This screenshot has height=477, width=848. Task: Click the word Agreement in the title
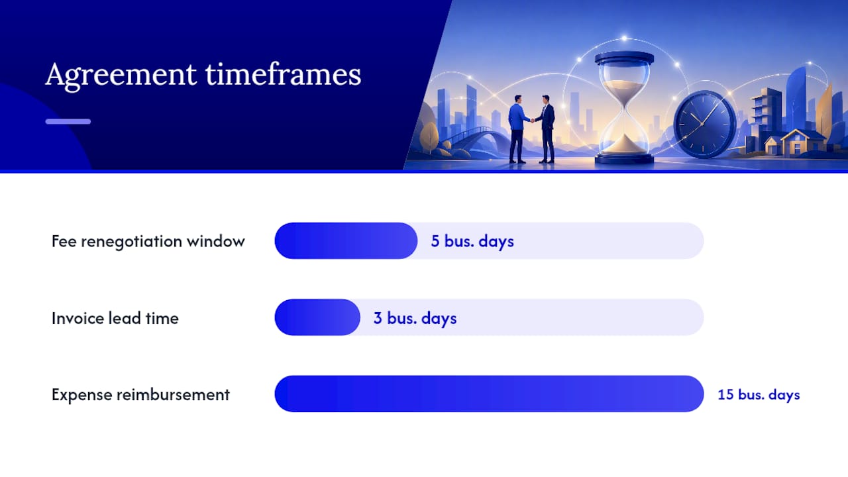[121, 76]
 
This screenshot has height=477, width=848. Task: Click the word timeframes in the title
[283, 74]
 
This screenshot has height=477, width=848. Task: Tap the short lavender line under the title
[68, 121]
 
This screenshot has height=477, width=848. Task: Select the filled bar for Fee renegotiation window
[346, 240]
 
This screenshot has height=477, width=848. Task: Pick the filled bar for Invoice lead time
[317, 317]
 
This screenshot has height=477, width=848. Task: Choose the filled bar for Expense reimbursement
[489, 394]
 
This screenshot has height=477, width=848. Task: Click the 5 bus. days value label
[472, 241]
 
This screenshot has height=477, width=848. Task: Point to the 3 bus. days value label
[415, 318]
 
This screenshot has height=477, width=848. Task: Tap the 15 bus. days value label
[759, 394]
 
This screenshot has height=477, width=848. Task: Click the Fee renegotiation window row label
[148, 242]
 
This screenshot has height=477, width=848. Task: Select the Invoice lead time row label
[115, 318]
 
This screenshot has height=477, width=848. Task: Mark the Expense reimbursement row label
[140, 395]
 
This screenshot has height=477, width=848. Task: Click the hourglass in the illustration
[624, 108]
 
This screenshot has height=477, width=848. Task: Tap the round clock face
[704, 124]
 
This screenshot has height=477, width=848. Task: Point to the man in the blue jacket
[518, 129]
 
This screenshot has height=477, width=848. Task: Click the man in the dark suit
[545, 129]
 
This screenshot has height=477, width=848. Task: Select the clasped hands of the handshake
[533, 121]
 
